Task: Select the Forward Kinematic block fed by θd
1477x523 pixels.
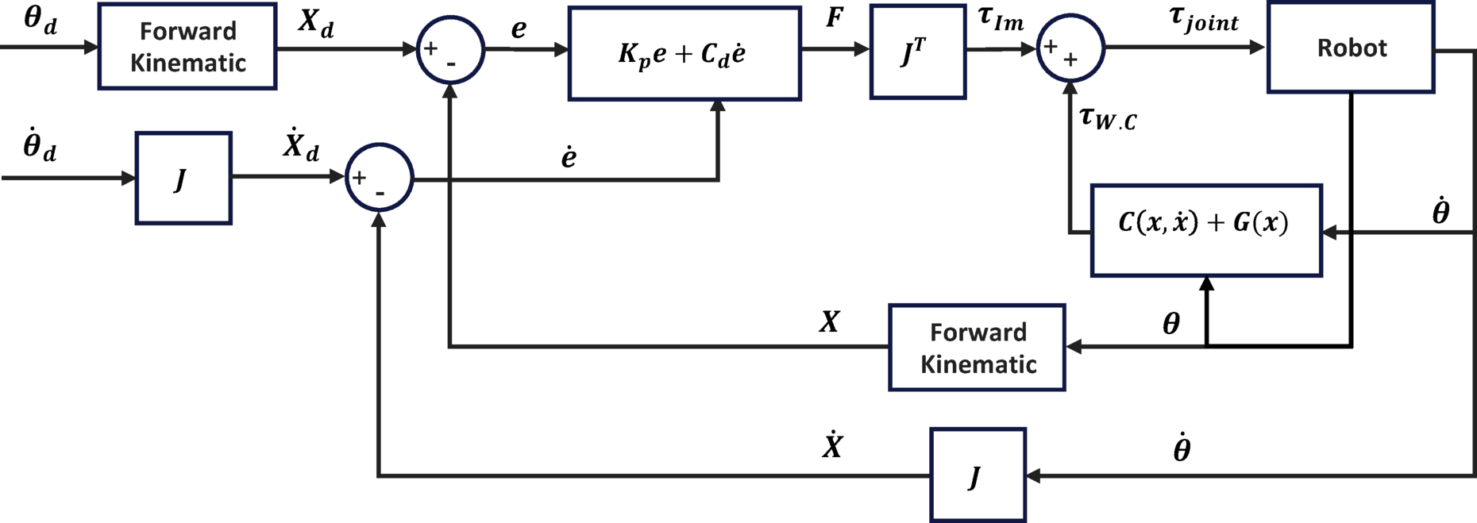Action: pyautogui.click(x=187, y=47)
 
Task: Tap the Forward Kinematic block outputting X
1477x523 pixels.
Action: pyautogui.click(x=977, y=348)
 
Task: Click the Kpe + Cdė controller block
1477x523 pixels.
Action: pyautogui.click(x=684, y=54)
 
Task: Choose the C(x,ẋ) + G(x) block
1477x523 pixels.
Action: pyautogui.click(x=1205, y=230)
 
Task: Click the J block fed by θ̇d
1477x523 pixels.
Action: pyautogui.click(x=183, y=179)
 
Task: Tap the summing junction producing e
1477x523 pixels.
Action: pyautogui.click(x=450, y=50)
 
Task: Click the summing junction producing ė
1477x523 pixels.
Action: pyautogui.click(x=380, y=178)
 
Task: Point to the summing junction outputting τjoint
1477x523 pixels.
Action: pyautogui.click(x=1070, y=48)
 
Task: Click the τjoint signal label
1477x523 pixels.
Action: pyautogui.click(x=1204, y=19)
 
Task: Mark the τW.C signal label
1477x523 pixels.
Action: pyautogui.click(x=1108, y=119)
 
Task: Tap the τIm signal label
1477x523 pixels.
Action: pyautogui.click(x=1001, y=19)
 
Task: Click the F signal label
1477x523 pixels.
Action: pyautogui.click(x=834, y=17)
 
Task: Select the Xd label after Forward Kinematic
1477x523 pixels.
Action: pyautogui.click(x=315, y=24)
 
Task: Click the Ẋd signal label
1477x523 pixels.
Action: pyautogui.click(x=301, y=144)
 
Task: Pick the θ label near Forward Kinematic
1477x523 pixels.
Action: pyautogui.click(x=1170, y=324)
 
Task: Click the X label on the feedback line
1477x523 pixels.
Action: pyautogui.click(x=829, y=321)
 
